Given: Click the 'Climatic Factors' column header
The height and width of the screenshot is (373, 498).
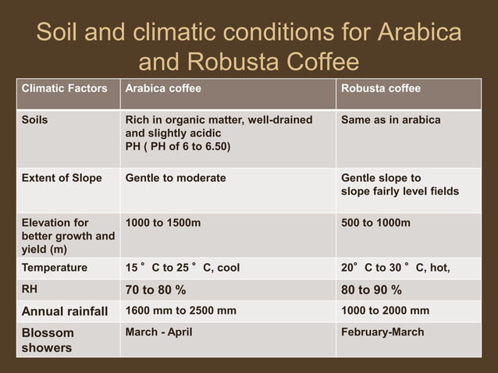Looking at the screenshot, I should point(64,89).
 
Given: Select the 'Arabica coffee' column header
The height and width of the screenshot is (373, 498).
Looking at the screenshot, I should point(163,89).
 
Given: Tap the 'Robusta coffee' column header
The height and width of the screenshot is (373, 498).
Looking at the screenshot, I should point(381,89).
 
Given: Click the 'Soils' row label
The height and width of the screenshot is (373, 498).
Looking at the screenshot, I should point(36,120).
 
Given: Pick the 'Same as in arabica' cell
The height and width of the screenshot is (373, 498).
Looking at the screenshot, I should point(390,120).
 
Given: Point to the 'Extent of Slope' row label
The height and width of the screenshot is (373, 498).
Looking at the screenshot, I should point(62,178).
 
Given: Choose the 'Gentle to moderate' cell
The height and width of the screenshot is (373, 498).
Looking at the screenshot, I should point(176,178).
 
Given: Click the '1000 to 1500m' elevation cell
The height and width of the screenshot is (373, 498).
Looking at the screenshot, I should point(163,223).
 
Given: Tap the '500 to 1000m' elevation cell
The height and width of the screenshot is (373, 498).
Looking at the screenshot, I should point(375,223).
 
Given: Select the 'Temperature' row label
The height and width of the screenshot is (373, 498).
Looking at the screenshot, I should point(55,268).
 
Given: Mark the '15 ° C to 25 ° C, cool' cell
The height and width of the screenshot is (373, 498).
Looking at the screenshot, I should point(183,268).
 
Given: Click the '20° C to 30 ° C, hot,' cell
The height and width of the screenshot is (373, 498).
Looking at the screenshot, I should point(395,268).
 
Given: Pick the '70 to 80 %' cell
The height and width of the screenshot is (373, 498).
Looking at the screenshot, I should point(156,290).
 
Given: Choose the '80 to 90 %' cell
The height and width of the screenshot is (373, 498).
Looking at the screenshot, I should point(372,290).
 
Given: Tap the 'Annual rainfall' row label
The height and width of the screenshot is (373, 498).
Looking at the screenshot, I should point(65,311).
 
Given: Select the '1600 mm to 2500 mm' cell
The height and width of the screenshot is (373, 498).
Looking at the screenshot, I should point(181,311).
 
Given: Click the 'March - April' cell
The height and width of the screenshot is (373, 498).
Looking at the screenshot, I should point(158,332).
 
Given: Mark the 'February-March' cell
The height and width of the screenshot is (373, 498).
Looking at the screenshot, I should point(382,332).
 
